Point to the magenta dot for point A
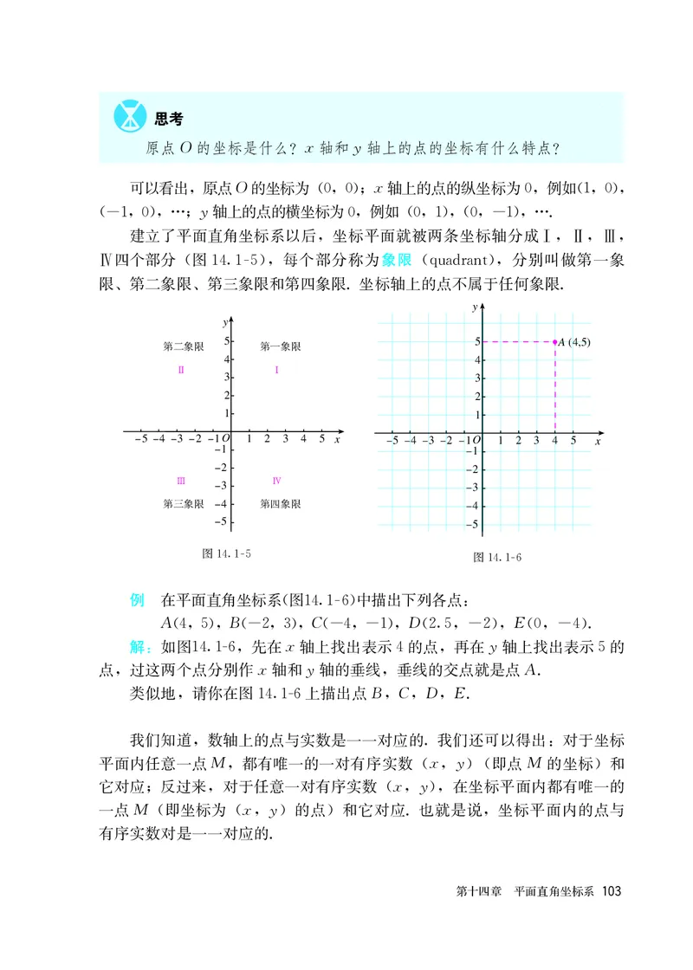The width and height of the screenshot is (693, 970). coord(555,342)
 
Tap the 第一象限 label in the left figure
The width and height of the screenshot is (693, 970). coord(281,346)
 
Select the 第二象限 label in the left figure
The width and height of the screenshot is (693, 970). coord(183,346)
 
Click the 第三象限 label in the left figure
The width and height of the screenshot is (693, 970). coord(183,503)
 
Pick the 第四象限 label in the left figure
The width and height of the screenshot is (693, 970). coord(281,503)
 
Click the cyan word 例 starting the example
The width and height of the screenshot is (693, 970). coord(136,600)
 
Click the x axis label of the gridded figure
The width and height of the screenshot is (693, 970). coord(598,442)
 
